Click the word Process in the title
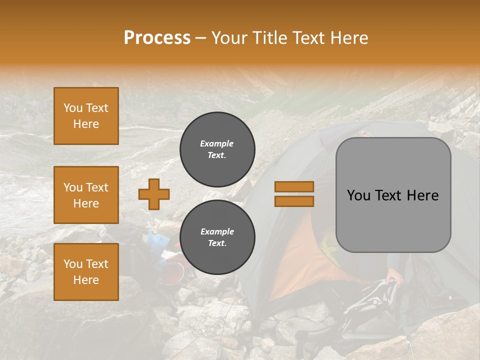point(157,38)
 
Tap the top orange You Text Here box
point(86,116)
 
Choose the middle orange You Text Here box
point(86,195)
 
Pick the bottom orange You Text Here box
point(86,271)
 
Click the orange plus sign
point(154,194)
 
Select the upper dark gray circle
point(217,149)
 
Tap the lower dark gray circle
point(217,237)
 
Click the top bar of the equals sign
point(294,187)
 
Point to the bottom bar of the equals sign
point(294,201)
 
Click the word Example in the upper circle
point(217,143)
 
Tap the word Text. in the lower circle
point(217,243)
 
